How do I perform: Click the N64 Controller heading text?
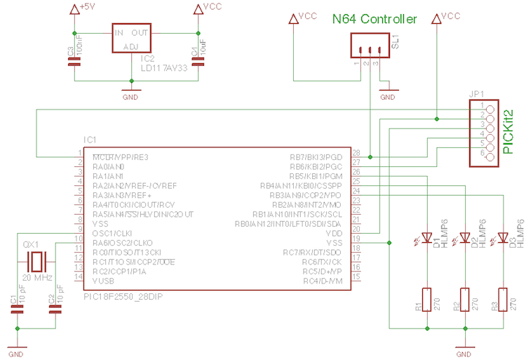[x=375, y=19]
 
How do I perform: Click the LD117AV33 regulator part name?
[x=166, y=69]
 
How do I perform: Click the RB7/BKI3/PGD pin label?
[x=316, y=156]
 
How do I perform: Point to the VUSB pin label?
[x=104, y=280]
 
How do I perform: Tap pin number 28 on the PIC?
[x=356, y=152]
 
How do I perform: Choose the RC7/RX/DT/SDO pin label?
[x=313, y=252]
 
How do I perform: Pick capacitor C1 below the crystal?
[x=17, y=307]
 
